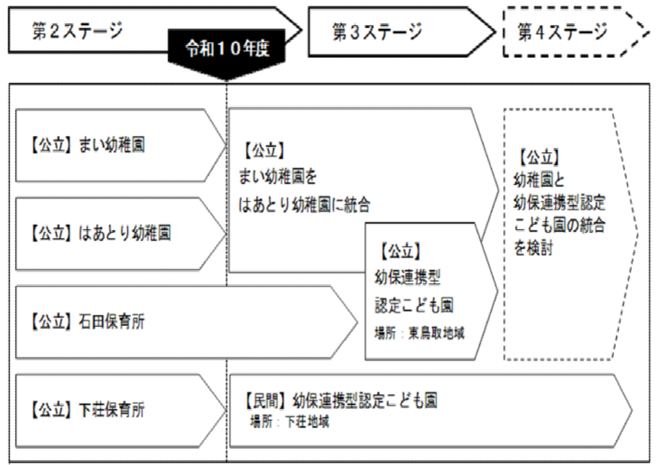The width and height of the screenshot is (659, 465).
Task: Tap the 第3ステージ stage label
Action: click(x=376, y=32)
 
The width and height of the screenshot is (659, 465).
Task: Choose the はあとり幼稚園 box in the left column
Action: click(x=100, y=234)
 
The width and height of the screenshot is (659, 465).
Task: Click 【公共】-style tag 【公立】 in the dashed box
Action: click(x=537, y=157)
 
